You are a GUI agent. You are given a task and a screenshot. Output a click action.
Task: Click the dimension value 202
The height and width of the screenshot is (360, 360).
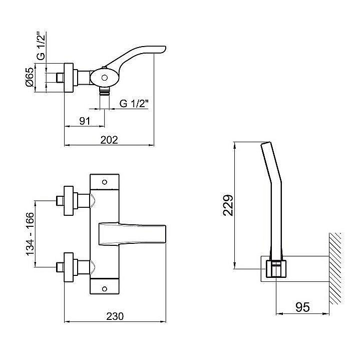(x=109, y=140)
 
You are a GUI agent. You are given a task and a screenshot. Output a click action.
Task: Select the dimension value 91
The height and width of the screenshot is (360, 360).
(x=85, y=121)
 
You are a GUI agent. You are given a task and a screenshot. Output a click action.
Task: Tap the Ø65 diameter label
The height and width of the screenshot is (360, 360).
(x=30, y=78)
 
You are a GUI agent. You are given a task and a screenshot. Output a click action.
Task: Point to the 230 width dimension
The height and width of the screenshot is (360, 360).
(x=115, y=316)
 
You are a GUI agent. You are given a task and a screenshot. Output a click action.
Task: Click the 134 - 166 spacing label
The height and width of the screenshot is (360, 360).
(x=30, y=234)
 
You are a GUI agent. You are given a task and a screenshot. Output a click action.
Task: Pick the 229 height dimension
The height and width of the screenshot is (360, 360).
(x=228, y=205)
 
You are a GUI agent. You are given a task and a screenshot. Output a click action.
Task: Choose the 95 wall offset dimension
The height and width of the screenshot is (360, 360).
(x=302, y=307)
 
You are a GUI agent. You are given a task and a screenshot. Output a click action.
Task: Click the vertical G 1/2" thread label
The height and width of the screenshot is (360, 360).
(x=42, y=46)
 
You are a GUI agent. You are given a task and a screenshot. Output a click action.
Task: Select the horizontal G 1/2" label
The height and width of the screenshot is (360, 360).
(x=134, y=104)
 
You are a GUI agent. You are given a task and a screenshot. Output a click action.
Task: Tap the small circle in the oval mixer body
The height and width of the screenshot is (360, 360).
(x=105, y=78)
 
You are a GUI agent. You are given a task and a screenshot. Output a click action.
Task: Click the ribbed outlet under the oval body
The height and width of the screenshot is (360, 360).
(x=105, y=92)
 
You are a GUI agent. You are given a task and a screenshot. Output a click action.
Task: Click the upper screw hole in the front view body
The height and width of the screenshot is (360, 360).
(x=105, y=182)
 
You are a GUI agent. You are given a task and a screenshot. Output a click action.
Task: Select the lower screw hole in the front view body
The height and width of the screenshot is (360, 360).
(x=105, y=288)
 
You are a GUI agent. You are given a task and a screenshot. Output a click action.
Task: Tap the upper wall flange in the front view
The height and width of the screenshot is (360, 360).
(x=69, y=201)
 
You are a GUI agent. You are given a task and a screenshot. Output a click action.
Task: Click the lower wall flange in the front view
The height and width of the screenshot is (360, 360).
(x=69, y=267)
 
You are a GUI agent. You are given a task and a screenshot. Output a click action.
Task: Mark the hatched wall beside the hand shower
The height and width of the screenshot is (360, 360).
(x=335, y=268)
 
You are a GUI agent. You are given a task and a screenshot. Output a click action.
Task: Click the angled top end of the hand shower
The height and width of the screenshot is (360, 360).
(x=266, y=144)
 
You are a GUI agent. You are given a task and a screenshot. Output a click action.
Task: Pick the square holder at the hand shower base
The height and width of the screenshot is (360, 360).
(x=276, y=269)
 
